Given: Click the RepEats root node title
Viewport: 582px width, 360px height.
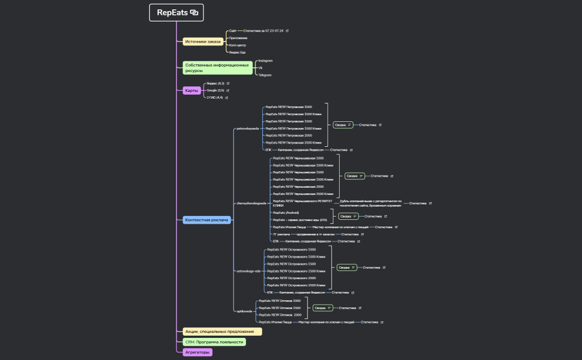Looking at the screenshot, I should click(x=172, y=12).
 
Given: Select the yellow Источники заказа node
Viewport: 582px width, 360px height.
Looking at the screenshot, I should click(x=203, y=42).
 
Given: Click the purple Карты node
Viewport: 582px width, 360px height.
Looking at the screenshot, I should click(x=192, y=90).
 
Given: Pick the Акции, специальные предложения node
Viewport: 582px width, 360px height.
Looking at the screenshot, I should click(x=222, y=332).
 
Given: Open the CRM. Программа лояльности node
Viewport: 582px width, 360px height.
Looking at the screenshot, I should click(x=214, y=342).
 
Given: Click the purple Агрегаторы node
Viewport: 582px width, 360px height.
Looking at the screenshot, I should click(x=197, y=352).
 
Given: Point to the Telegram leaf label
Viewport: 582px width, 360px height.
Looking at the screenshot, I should click(x=265, y=75).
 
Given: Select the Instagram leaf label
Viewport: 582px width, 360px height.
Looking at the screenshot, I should click(x=266, y=60).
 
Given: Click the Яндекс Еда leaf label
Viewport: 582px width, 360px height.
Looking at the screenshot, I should click(x=237, y=52).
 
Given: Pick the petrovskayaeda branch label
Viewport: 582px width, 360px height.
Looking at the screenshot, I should click(x=247, y=128).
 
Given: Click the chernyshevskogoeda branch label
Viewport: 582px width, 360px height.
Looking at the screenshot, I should click(x=252, y=203).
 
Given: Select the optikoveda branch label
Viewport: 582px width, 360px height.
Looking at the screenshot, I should click(x=244, y=311).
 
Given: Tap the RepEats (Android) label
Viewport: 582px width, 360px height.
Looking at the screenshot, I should click(x=286, y=213).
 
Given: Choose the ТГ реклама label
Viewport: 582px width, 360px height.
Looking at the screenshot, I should click(x=281, y=234).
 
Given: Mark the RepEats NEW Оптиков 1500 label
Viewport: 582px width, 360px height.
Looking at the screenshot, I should click(x=280, y=308).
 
